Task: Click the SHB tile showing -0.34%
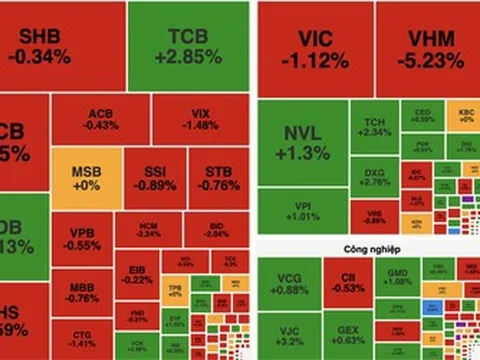click(x=62, y=46)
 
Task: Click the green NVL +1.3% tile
click(x=301, y=143)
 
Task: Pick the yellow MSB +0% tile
click(x=86, y=178)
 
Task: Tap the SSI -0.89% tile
click(x=154, y=178)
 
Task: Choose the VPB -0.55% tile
click(x=84, y=240)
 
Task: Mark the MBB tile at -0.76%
click(x=83, y=290)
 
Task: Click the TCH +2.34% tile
click(x=374, y=127)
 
